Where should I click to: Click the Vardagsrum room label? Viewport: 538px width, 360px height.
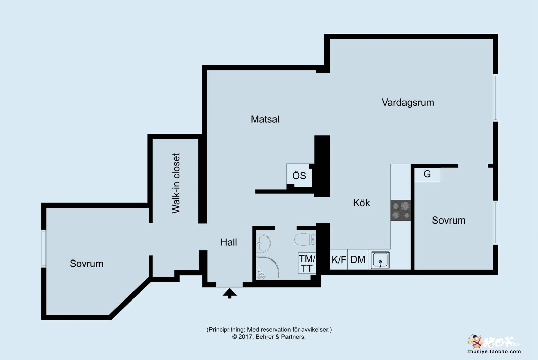tap(408, 103)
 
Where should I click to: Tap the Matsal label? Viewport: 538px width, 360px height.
tap(265, 119)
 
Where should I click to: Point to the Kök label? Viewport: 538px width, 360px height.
tap(361, 203)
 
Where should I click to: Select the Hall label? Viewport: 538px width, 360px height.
tap(229, 242)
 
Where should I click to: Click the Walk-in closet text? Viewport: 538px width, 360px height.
tap(176, 183)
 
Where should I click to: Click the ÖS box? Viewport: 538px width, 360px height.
tap(299, 175)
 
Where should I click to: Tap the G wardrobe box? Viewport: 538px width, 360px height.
tap(427, 174)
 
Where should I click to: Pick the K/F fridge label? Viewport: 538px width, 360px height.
tap(339, 259)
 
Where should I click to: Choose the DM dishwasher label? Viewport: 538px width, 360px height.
tap(358, 259)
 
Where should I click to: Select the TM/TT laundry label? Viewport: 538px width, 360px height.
tap(307, 264)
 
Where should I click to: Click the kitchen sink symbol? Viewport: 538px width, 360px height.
tap(380, 260)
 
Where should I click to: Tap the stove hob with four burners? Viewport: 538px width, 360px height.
tap(400, 210)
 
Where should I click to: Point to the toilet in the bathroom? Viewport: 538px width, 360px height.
tap(305, 239)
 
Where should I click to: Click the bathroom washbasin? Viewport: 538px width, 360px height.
tap(263, 243)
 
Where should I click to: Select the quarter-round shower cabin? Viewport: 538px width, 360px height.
tap(268, 268)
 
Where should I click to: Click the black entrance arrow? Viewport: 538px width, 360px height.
tap(230, 293)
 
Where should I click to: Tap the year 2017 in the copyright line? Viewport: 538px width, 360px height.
tap(245, 337)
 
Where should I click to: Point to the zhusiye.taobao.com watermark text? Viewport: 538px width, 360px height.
tap(494, 352)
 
